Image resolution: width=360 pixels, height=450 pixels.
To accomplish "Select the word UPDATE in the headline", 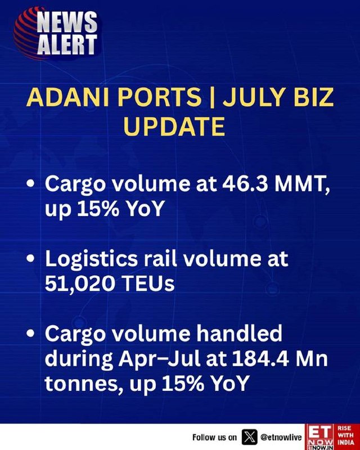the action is click(174, 126).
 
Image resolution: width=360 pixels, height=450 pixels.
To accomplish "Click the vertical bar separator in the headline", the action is click(212, 97).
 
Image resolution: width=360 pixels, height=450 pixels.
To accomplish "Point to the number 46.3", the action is click(246, 184).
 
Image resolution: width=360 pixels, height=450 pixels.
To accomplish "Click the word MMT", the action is click(303, 185).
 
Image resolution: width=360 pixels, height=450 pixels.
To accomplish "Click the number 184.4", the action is click(260, 358).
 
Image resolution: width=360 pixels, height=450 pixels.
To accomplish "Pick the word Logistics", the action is click(91, 259).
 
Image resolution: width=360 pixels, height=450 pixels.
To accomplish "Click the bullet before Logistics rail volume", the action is click(30, 258).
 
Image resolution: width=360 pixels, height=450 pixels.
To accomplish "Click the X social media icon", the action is click(250, 437).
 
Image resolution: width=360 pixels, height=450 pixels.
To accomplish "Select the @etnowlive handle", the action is click(281, 438).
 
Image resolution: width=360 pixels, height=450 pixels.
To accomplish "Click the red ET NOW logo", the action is click(320, 437).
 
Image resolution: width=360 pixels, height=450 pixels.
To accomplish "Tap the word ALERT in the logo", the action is click(67, 44).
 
